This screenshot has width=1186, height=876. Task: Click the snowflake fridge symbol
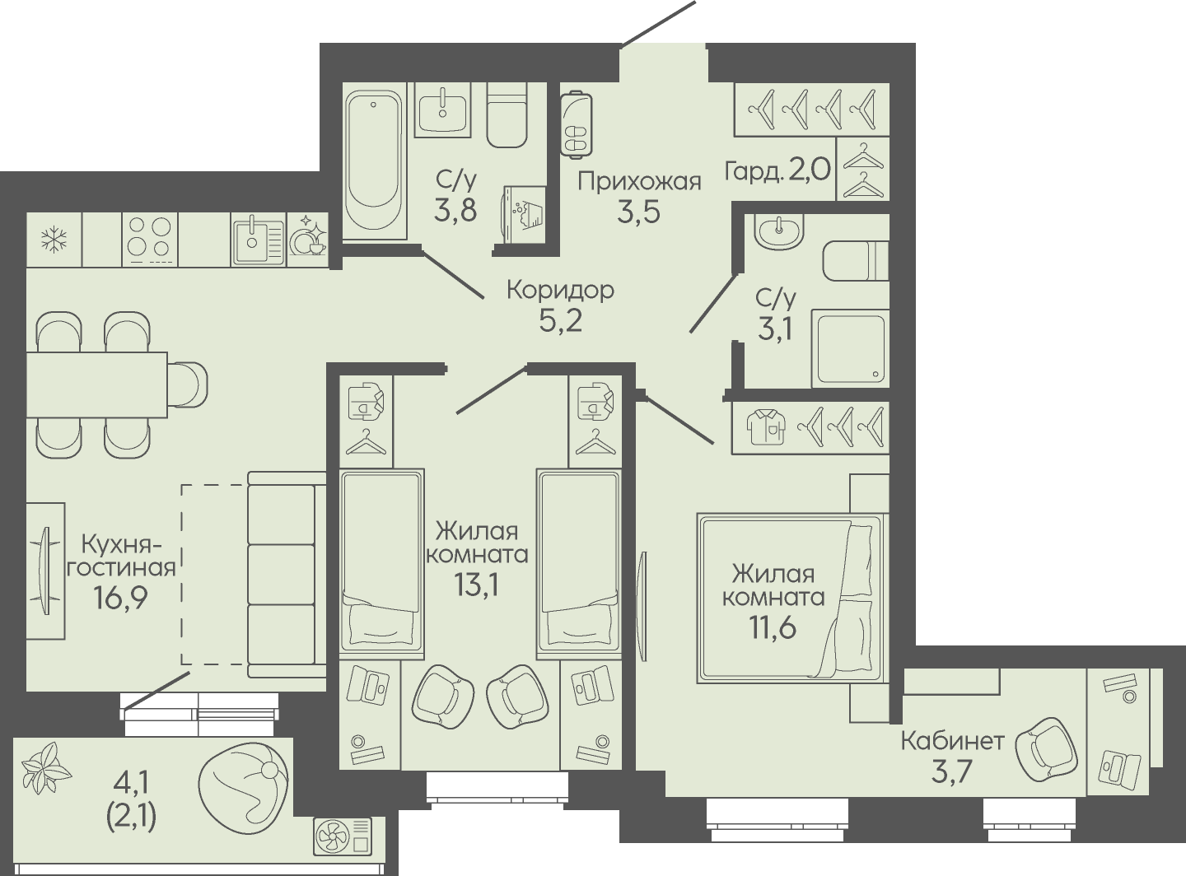[54, 240]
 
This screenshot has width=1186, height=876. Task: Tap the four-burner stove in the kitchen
[150, 240]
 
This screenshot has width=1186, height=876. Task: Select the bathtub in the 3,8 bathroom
[373, 159]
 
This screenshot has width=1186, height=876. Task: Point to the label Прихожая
[639, 182]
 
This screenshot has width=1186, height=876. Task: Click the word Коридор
[560, 291]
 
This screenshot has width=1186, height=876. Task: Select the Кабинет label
[952, 741]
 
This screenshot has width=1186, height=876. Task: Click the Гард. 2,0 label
[777, 170]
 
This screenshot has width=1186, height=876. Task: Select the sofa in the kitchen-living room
[287, 575]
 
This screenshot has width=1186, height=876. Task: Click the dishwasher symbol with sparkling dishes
[308, 240]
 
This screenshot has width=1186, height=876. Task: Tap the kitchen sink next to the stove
[259, 240]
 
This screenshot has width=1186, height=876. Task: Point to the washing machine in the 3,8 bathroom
[522, 215]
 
